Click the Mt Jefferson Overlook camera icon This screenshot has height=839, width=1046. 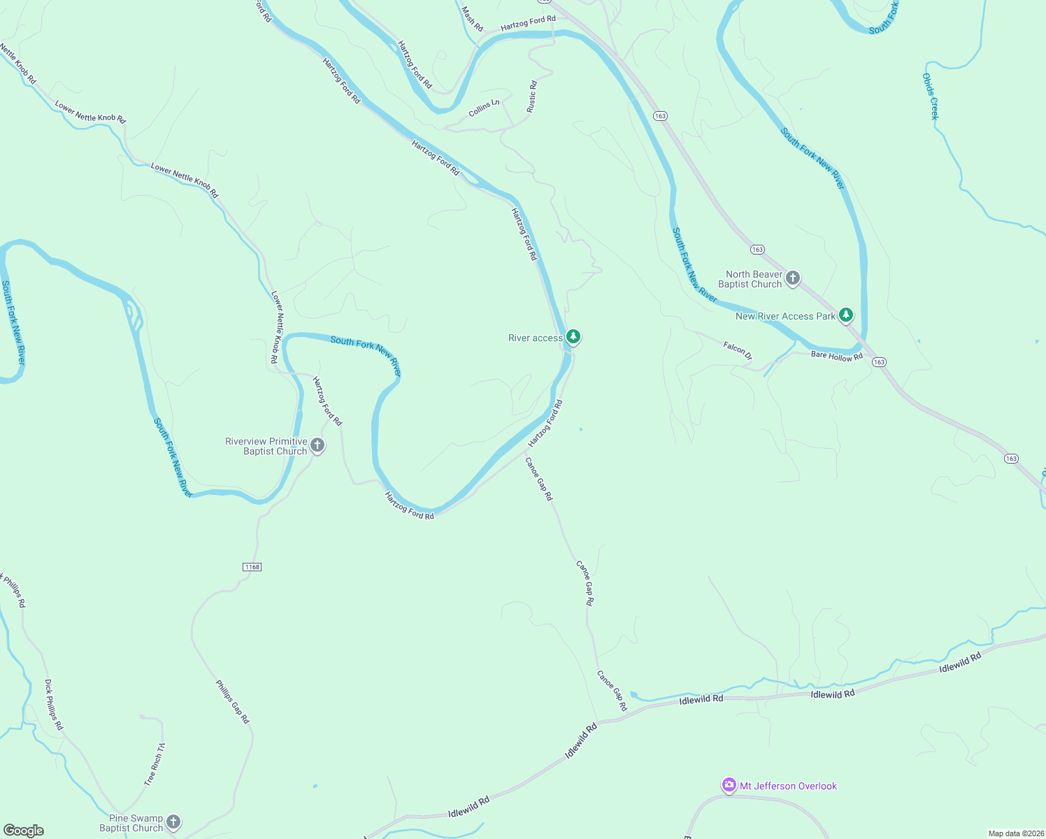729,786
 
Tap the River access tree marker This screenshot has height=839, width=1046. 573,337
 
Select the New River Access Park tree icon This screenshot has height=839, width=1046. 846,315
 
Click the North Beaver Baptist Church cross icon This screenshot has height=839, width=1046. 793,278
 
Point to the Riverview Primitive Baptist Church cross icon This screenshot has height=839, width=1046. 317,445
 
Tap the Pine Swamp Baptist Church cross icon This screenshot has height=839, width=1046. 173,822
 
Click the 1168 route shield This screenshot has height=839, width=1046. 252,567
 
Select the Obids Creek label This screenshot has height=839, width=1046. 929,96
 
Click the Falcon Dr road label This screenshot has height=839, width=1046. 738,350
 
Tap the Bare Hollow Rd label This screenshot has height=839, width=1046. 836,357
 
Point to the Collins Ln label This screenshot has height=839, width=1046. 484,108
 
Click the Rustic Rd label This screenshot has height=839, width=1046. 532,96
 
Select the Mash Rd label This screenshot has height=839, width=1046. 473,19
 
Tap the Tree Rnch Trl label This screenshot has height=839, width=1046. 155,764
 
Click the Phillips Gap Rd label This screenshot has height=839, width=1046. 232,701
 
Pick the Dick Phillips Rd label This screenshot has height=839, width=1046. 54,705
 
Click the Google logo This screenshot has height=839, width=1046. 24,831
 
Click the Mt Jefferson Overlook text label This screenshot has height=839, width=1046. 788,787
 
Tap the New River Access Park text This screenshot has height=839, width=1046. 785,317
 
